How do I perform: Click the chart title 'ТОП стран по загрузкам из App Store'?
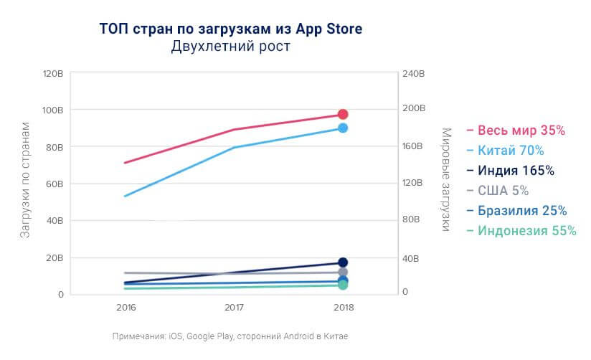pos(230,29)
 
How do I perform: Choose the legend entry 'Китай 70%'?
pos(510,151)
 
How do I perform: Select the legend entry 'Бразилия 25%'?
pos(522,211)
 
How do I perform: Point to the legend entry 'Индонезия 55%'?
pos(526,231)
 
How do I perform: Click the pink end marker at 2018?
pos(343,115)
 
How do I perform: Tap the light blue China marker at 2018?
pos(343,128)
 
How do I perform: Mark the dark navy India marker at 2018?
pos(343,262)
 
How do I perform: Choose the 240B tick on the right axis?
pos(415,74)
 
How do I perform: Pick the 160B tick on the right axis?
pos(415,147)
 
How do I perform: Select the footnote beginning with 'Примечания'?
pos(230,336)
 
